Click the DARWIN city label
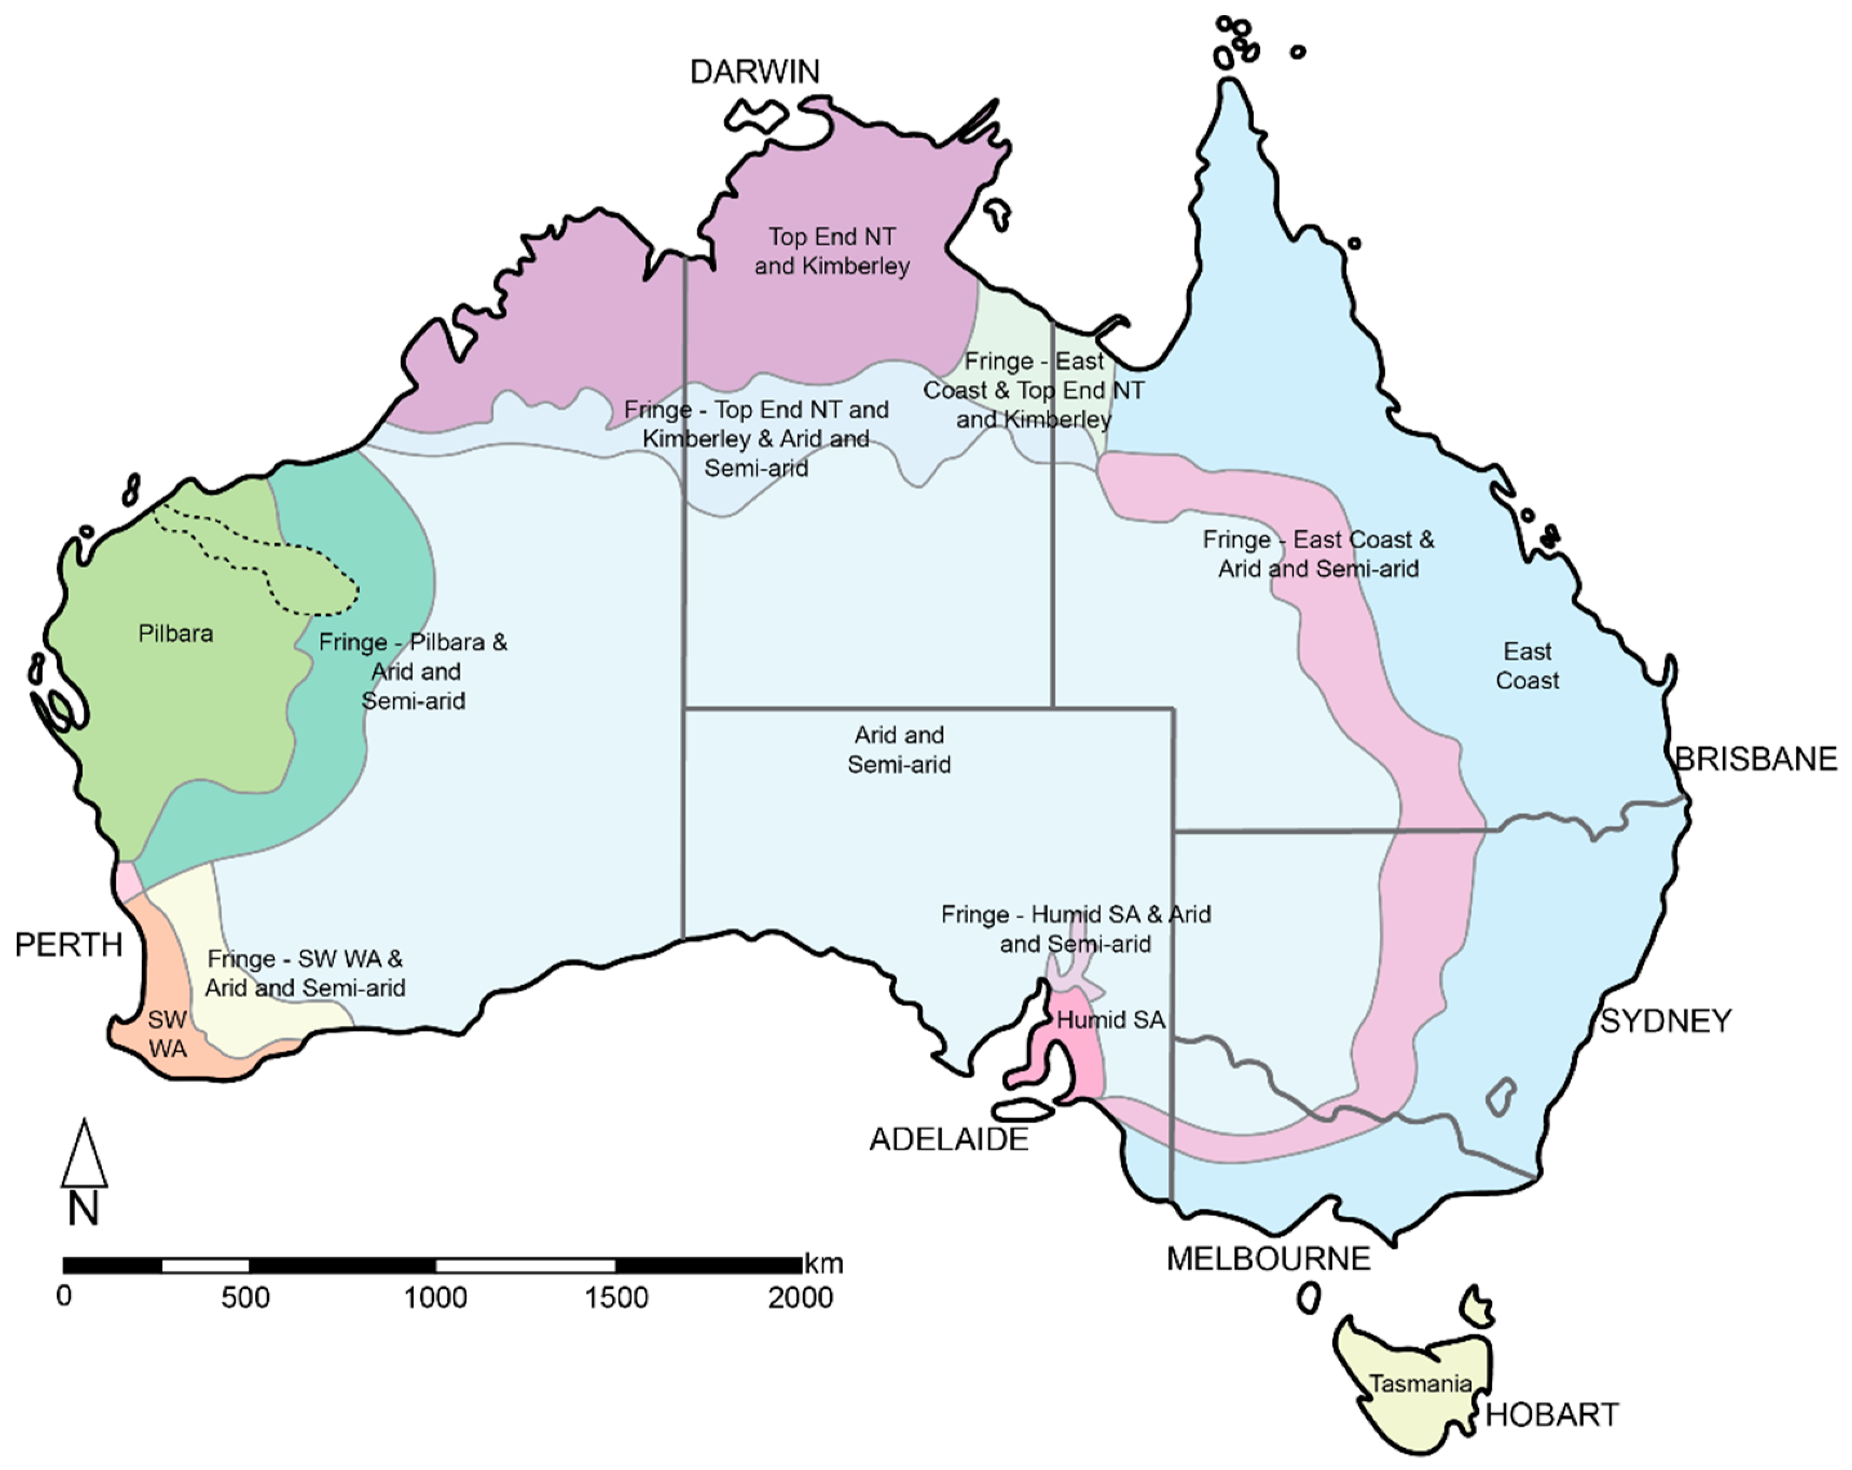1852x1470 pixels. click(755, 72)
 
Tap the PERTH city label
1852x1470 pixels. click(69, 945)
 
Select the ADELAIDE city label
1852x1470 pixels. click(948, 1140)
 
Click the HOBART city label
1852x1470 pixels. click(1552, 1415)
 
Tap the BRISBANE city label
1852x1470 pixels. click(1756, 759)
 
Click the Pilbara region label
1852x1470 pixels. click(175, 634)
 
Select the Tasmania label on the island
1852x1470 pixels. click(1420, 1384)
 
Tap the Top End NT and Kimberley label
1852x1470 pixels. click(832, 251)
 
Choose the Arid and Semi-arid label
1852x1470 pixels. click(898, 749)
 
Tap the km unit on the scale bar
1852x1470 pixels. click(824, 1264)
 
